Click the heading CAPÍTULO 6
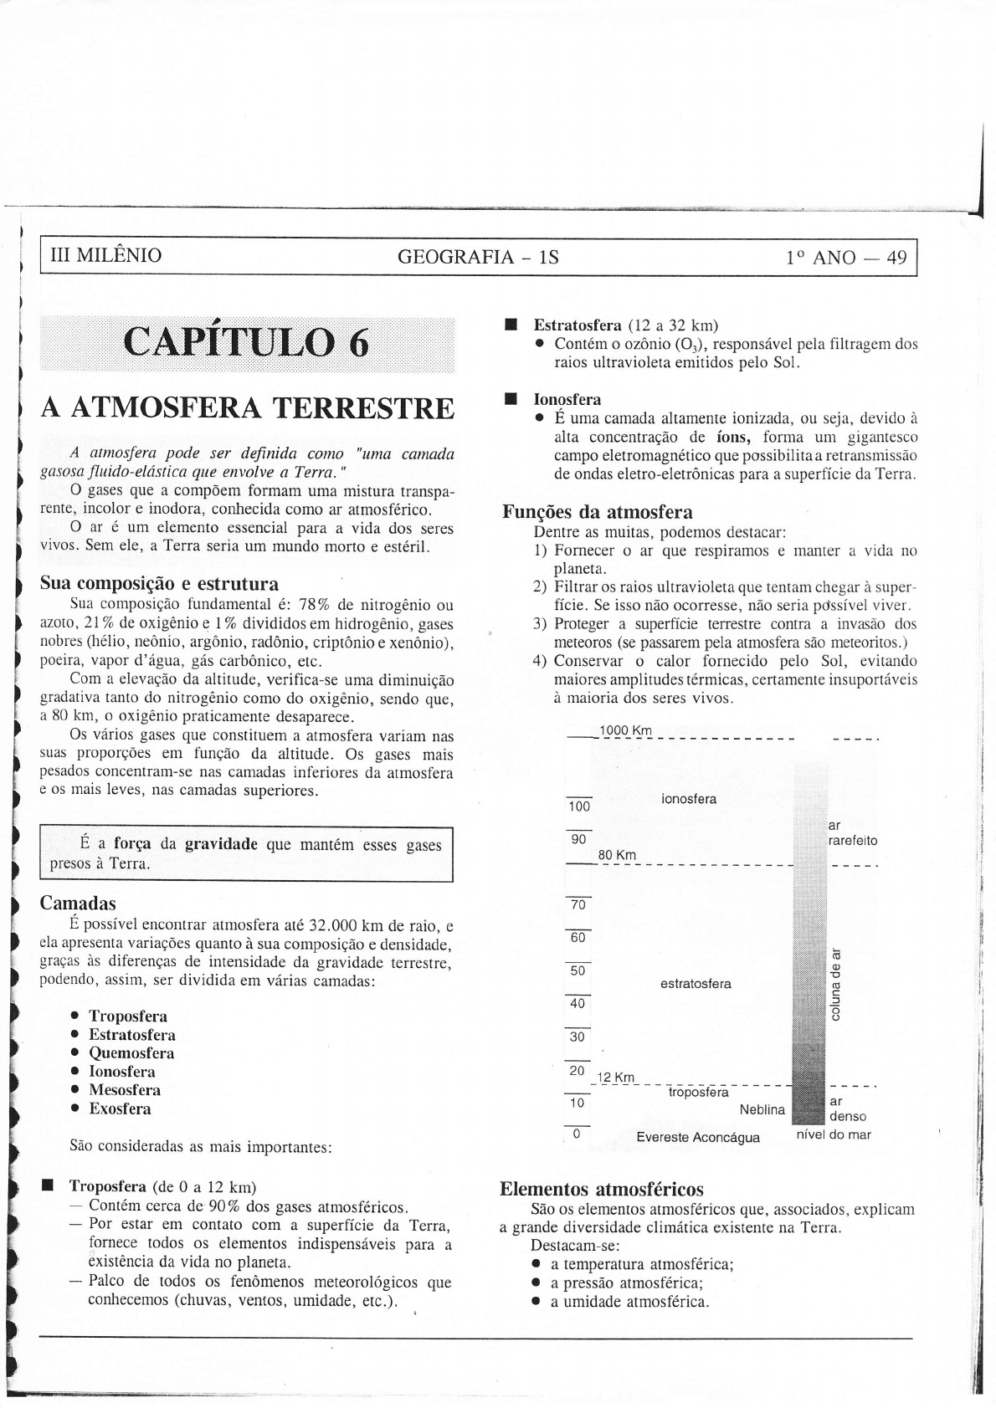pyautogui.click(x=246, y=344)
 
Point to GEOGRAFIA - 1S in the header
pyautogui.click(x=478, y=257)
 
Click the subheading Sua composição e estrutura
pyautogui.click(x=159, y=583)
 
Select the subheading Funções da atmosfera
pyautogui.click(x=598, y=512)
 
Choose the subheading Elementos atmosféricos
pyautogui.click(x=601, y=1189)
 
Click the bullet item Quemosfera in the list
pyautogui.click(x=131, y=1053)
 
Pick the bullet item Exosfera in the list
pyautogui.click(x=121, y=1108)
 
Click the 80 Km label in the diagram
pyautogui.click(x=617, y=855)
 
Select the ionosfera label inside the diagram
pyautogui.click(x=688, y=799)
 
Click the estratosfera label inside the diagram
pyautogui.click(x=696, y=984)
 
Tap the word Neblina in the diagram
pyautogui.click(x=762, y=1110)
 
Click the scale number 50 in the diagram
pyautogui.click(x=578, y=971)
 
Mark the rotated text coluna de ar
pyautogui.click(x=834, y=985)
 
